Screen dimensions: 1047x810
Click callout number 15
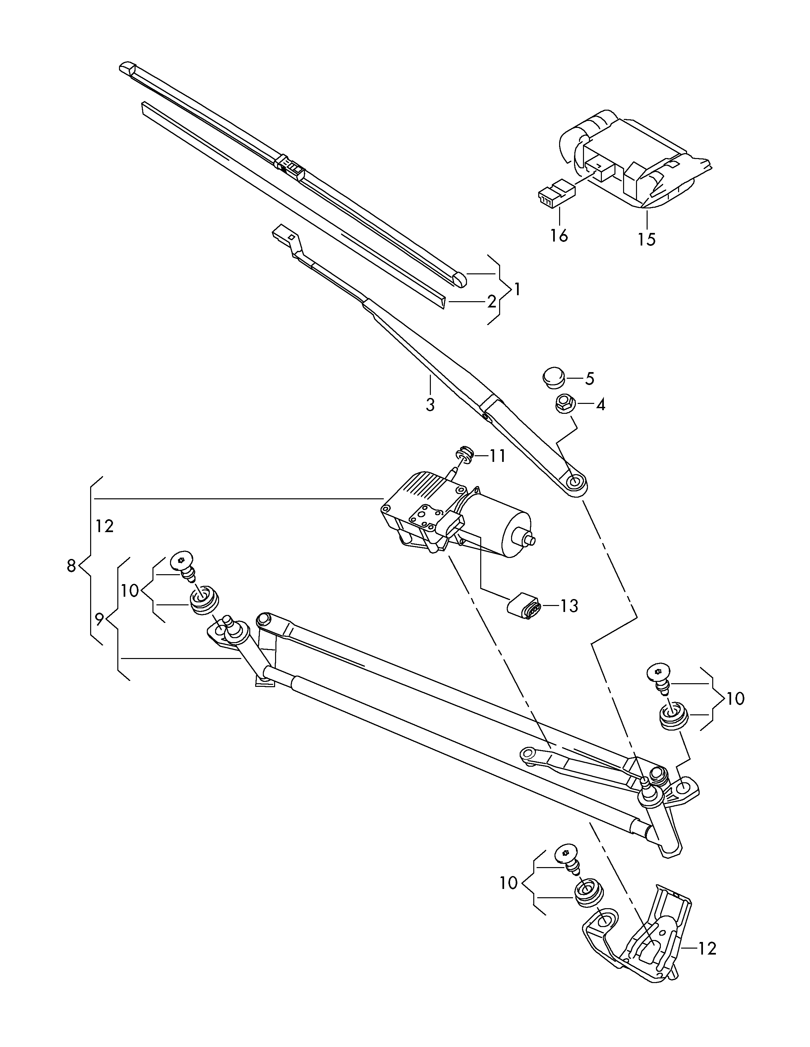(x=647, y=239)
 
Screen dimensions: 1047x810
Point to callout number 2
(x=491, y=302)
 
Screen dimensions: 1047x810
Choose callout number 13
(x=569, y=606)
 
